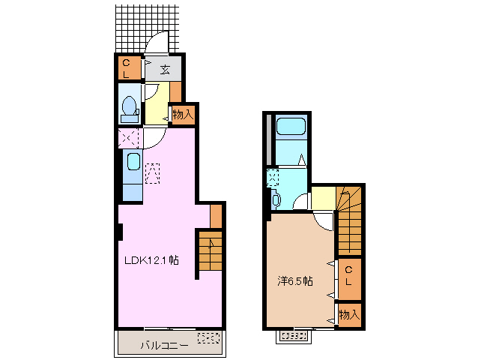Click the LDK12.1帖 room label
[151, 260]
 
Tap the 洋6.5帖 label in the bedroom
[295, 281]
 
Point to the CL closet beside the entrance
[127, 68]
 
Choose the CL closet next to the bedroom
[348, 275]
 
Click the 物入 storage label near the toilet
[183, 115]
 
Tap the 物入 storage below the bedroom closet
[348, 314]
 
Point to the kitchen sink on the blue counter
[133, 162]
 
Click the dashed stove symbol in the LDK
[153, 172]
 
